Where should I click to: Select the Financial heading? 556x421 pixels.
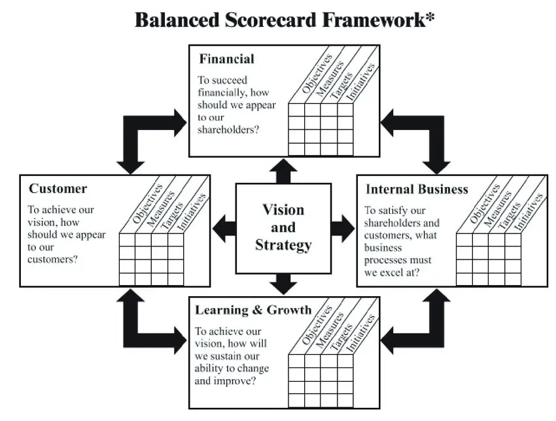click(226, 59)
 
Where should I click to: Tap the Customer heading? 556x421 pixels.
click(58, 189)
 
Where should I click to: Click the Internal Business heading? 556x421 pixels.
click(417, 190)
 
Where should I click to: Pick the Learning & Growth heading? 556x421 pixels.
click(253, 310)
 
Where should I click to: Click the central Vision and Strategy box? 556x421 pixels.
click(283, 227)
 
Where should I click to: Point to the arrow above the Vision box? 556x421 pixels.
click(283, 171)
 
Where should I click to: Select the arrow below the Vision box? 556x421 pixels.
click(283, 283)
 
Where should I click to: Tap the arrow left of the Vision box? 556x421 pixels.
click(224, 227)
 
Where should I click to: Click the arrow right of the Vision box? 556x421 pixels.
click(341, 227)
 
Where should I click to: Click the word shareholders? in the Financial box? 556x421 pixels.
click(228, 129)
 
